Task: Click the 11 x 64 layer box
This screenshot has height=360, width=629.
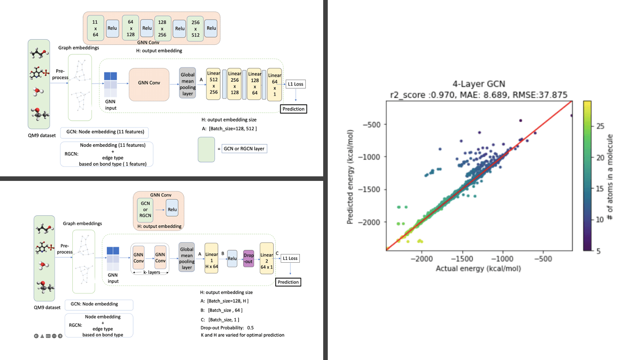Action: tap(95, 28)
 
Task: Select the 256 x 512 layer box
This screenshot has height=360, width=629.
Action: tap(196, 28)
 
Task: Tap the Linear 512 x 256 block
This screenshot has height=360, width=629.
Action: tap(213, 83)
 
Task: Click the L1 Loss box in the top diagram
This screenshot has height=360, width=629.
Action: tap(295, 84)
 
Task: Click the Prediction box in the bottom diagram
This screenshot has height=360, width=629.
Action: tap(288, 282)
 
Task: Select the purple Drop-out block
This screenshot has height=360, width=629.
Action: tap(249, 258)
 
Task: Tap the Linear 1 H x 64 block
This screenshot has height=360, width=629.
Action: tap(211, 258)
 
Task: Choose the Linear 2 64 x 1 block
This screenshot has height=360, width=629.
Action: tap(267, 258)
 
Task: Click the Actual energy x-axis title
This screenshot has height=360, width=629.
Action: tap(478, 268)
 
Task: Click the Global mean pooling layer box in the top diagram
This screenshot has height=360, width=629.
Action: tap(187, 83)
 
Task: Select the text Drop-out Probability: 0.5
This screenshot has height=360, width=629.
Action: tap(227, 328)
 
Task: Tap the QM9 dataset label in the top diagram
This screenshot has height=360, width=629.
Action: tap(42, 135)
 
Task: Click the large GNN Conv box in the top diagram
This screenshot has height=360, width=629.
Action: tap(149, 83)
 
